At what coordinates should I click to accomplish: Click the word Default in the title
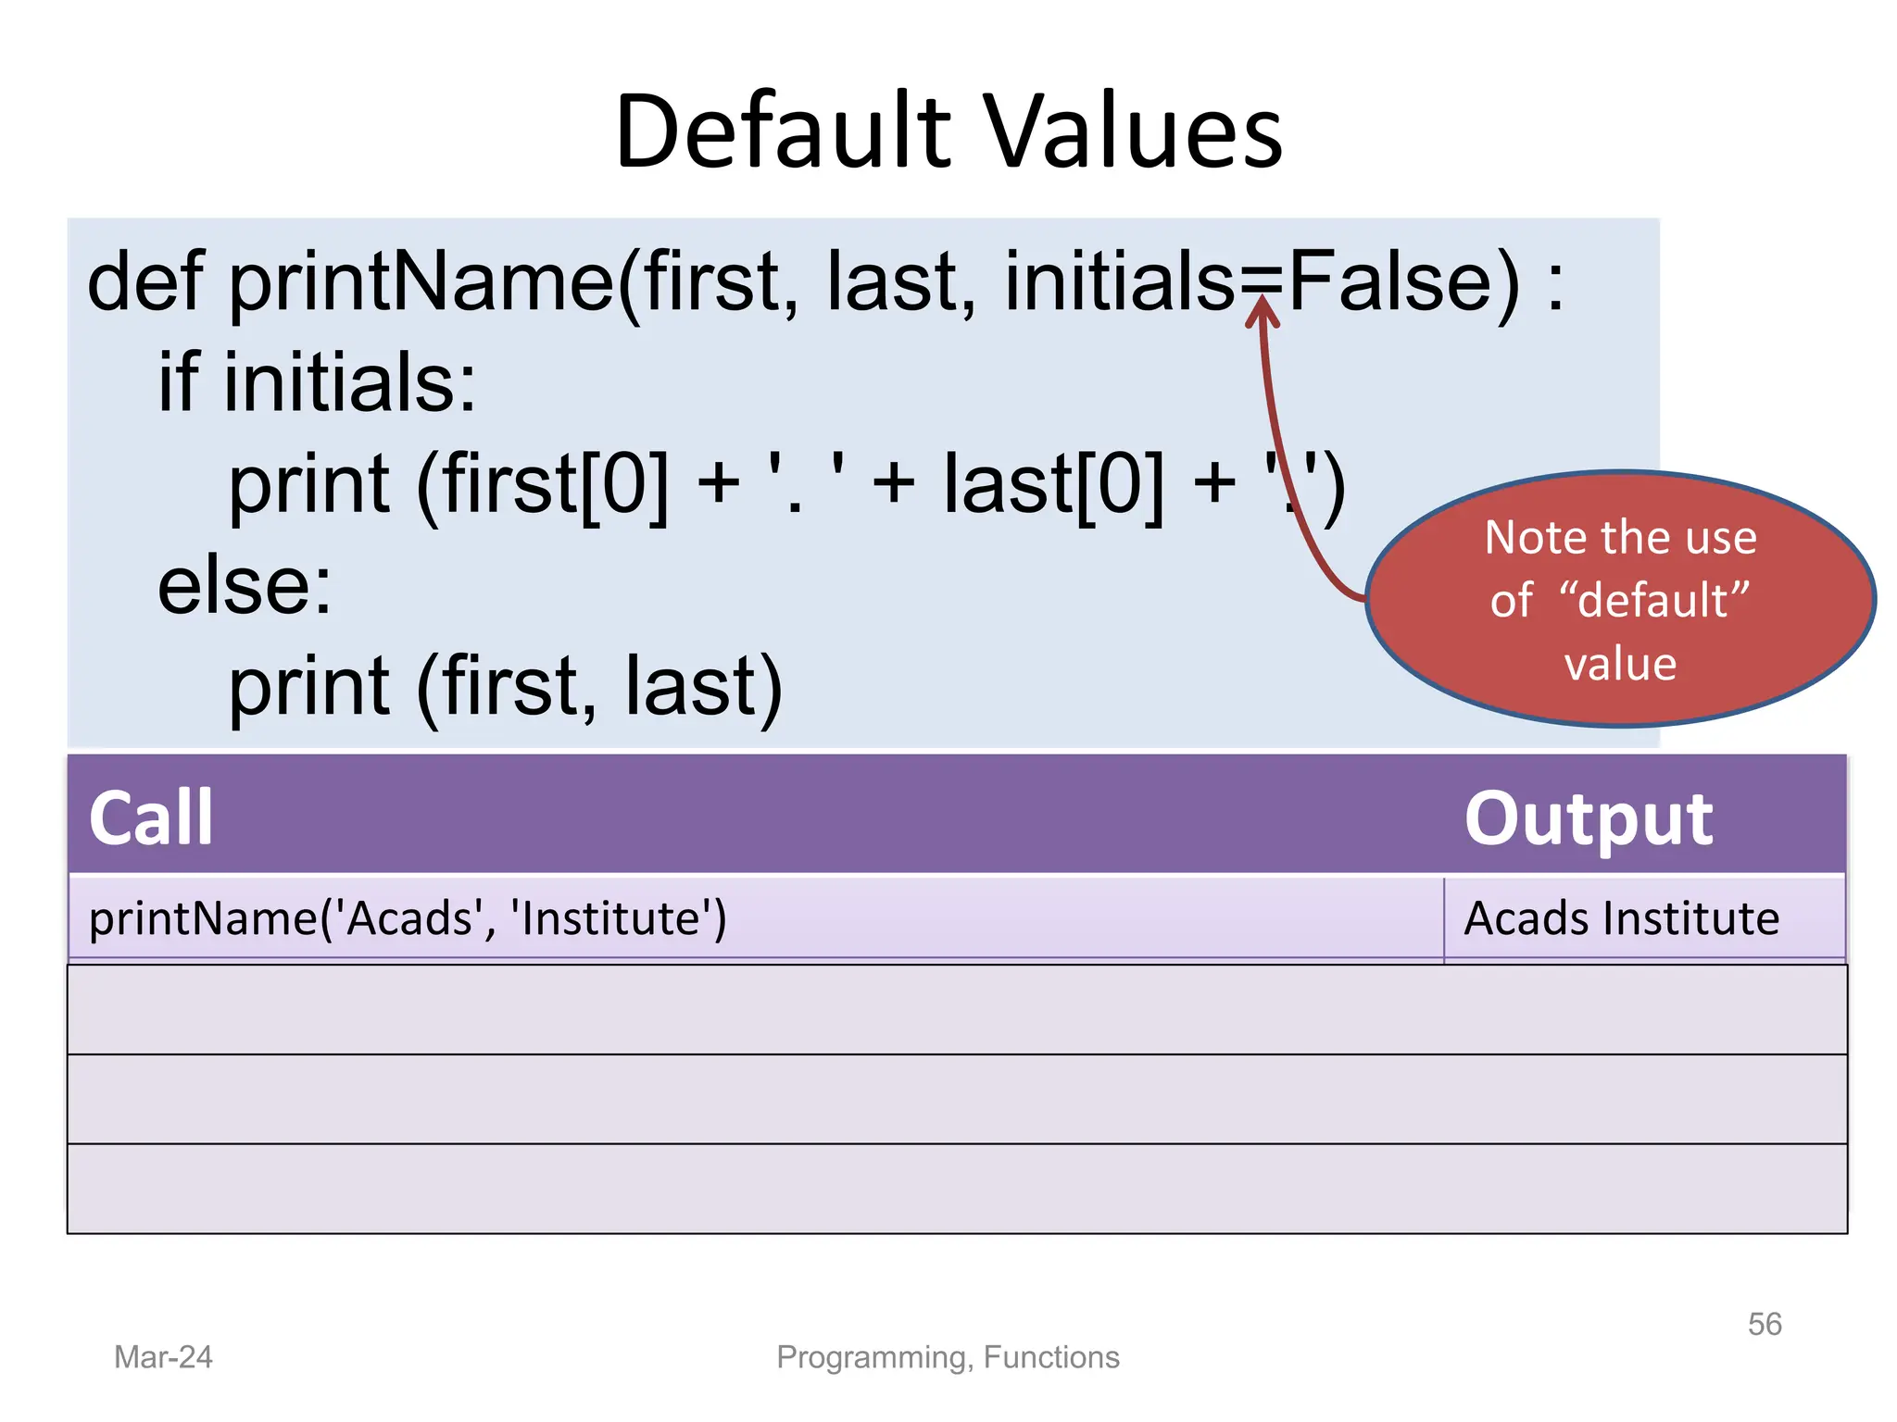(783, 131)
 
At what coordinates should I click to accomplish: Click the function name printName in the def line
(421, 283)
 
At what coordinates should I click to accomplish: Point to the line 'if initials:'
(317, 382)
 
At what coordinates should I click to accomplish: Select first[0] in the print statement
(554, 484)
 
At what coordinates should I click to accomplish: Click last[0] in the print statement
(1053, 484)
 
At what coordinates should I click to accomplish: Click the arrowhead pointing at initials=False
(1262, 311)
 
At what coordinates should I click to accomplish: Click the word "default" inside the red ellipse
(1654, 600)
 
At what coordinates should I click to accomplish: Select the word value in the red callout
(1620, 664)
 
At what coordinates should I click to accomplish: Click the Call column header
(151, 817)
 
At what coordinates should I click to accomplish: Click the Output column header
(1588, 819)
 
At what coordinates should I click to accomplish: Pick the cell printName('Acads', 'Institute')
(408, 918)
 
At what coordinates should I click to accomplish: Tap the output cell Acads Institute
(1621, 918)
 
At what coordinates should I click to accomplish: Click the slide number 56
(1764, 1324)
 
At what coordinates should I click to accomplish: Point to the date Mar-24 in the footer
(163, 1357)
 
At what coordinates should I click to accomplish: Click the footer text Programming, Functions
(948, 1357)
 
